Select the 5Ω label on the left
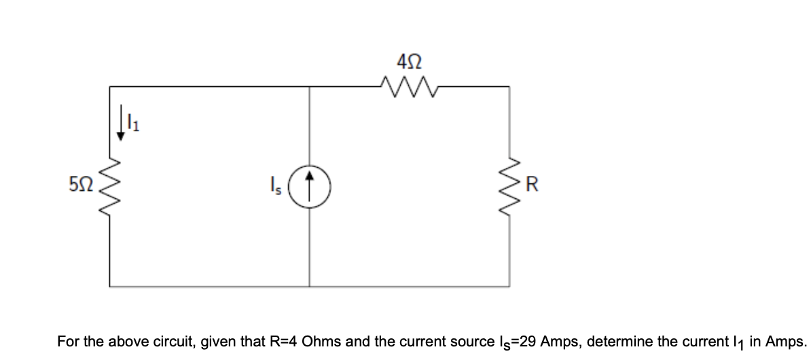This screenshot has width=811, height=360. click(79, 183)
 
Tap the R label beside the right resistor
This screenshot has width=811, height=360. click(532, 183)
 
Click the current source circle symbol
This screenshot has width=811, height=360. click(310, 183)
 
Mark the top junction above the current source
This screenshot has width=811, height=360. click(310, 86)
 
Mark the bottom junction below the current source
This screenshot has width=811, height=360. click(310, 285)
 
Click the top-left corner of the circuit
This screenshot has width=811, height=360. click(110, 86)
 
